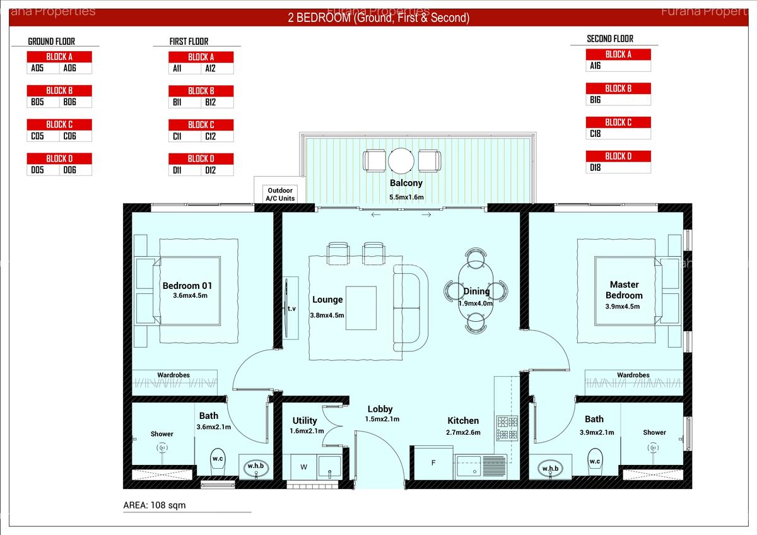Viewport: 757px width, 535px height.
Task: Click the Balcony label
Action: [x=406, y=183]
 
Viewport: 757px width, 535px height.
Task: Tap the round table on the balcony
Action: [x=401, y=160]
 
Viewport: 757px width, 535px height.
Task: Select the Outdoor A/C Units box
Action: [x=281, y=194]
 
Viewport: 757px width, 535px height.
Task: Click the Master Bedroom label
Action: [x=624, y=290]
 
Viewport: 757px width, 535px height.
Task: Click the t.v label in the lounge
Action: [x=291, y=309]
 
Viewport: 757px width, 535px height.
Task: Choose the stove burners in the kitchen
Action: [x=507, y=428]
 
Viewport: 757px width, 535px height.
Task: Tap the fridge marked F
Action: [x=433, y=463]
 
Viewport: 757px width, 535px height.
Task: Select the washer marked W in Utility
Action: [x=303, y=467]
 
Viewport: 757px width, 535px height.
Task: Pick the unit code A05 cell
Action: [x=37, y=68]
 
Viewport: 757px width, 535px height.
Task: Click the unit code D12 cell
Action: [x=210, y=170]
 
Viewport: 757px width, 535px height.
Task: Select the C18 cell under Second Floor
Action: [x=596, y=134]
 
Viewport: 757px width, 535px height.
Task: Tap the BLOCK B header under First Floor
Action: [x=201, y=91]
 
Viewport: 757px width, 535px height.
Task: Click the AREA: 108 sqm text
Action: [x=155, y=505]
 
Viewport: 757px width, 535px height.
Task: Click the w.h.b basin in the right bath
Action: [x=550, y=468]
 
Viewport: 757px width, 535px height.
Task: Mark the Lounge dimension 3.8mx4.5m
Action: [x=327, y=315]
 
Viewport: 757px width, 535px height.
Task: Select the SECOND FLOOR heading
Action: [x=610, y=39]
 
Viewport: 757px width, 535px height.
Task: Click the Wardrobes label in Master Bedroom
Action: [x=633, y=375]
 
